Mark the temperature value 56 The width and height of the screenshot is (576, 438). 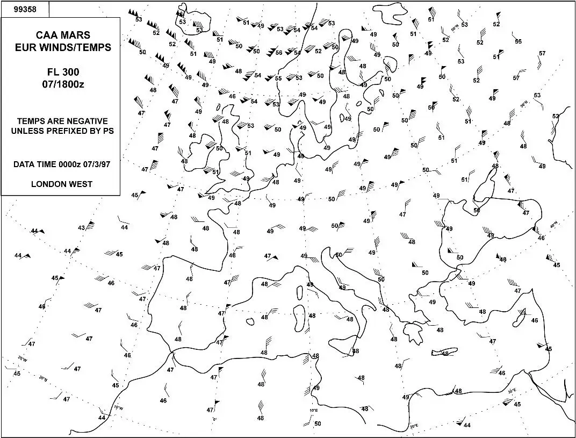[x=279, y=52]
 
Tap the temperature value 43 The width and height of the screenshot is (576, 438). [x=82, y=228]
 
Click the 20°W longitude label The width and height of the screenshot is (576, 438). [x=21, y=358]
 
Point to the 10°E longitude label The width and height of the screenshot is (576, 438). [x=313, y=411]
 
